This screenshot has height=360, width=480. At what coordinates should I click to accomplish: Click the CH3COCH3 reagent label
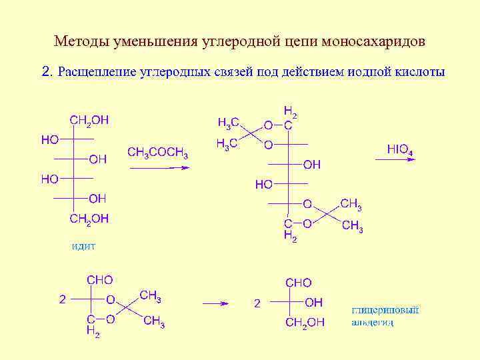[x=157, y=153]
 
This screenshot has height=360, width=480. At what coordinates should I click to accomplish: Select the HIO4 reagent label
[x=400, y=150]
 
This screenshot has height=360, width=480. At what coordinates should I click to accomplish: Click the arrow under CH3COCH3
[x=159, y=167]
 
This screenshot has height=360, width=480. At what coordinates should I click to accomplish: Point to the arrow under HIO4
[x=400, y=161]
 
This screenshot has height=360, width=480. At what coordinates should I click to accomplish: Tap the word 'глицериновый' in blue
[x=385, y=311]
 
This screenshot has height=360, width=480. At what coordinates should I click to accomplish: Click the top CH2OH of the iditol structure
[x=89, y=120]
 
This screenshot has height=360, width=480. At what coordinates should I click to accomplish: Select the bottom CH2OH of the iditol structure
[x=89, y=218]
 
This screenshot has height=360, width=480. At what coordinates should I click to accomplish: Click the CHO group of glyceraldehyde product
[x=298, y=283]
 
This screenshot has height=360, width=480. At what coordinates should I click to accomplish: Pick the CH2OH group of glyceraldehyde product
[x=305, y=323]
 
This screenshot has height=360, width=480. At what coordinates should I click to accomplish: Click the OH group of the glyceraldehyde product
[x=314, y=303]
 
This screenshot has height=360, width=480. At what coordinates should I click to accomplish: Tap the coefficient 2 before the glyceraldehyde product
[x=257, y=303]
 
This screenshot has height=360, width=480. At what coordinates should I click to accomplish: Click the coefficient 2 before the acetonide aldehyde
[x=62, y=299]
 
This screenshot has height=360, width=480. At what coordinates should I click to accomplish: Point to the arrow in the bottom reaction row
[x=215, y=303]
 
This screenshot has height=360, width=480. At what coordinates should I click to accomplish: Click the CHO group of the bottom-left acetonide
[x=99, y=280]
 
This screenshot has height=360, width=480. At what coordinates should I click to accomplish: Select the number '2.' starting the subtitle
[x=47, y=71]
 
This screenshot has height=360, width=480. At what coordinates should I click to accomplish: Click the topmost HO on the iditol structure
[x=49, y=139]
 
